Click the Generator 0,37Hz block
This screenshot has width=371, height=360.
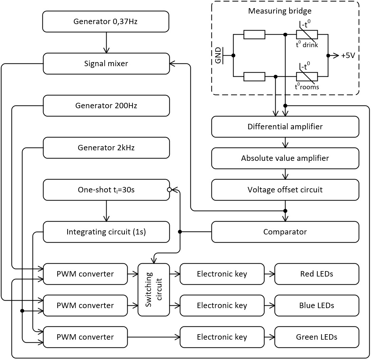[x=106, y=22]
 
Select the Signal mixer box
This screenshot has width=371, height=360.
[x=106, y=63]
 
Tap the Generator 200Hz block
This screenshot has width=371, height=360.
[x=106, y=106]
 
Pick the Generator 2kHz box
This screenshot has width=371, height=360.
[x=106, y=148]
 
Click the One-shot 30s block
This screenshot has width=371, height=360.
[x=106, y=190]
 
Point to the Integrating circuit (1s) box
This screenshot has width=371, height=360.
[x=106, y=232]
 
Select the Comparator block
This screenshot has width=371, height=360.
[x=285, y=232]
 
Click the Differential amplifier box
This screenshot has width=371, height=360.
[x=285, y=127]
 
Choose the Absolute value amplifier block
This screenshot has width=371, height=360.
[x=285, y=158]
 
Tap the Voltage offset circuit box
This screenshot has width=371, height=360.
[x=285, y=190]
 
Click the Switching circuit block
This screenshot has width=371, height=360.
[x=154, y=289]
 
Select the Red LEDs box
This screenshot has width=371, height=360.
[x=316, y=274]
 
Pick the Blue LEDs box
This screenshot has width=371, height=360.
[x=316, y=305]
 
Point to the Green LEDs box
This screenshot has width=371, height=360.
[x=316, y=337]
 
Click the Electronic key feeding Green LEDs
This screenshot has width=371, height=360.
[x=222, y=337]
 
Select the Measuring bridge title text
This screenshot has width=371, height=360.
[x=280, y=11]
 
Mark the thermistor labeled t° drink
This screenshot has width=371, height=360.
[x=307, y=35]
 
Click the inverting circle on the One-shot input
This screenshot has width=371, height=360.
[x=169, y=190]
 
